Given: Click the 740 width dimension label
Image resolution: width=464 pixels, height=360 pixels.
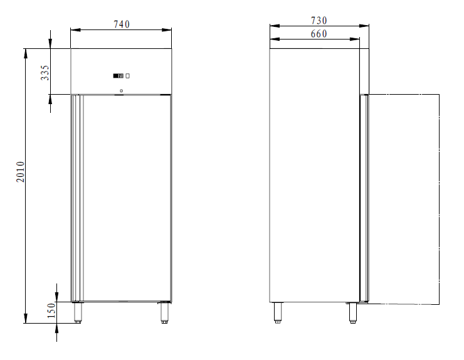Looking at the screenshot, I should (x=121, y=24).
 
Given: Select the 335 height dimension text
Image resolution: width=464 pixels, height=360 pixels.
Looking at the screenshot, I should (x=45, y=73).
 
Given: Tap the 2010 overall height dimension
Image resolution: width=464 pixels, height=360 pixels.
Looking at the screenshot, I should (x=20, y=172).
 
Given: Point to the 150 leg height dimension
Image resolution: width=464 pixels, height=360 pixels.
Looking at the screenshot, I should (x=51, y=312).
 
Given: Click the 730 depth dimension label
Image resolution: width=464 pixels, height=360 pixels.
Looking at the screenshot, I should (x=319, y=21).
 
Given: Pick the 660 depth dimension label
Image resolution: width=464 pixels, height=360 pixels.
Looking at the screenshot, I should (x=319, y=34).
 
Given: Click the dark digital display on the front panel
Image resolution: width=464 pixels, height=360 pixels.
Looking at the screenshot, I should (x=118, y=76).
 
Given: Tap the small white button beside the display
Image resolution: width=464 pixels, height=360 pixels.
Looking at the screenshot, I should (x=127, y=76).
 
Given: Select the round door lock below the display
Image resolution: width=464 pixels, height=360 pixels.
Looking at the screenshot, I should (x=121, y=90).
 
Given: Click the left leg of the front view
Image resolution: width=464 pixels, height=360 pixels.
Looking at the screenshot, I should (x=78, y=312).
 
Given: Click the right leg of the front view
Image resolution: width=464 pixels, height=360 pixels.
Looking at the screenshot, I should (x=164, y=312).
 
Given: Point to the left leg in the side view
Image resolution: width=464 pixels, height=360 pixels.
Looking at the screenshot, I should (x=277, y=312).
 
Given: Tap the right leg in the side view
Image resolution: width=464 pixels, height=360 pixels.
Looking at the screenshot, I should (x=352, y=312).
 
